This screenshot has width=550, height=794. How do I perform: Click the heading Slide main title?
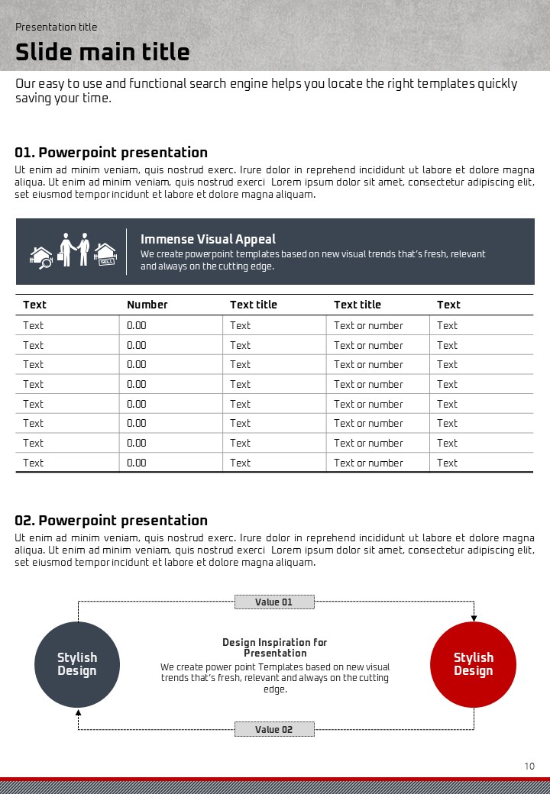pos(102,52)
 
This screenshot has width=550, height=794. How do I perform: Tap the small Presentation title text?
pos(57,27)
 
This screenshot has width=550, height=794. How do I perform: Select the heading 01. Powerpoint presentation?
pos(112,153)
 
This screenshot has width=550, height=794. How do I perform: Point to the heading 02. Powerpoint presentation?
pos(112,521)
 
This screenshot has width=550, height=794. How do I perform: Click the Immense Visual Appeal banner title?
pos(208,239)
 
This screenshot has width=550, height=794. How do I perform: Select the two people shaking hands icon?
pos(75,250)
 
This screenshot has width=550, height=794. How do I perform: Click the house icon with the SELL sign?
pos(105,254)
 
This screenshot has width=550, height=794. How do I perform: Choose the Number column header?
pos(147,305)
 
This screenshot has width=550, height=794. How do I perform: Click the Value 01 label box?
pos(274,602)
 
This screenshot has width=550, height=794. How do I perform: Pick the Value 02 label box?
pos(274,729)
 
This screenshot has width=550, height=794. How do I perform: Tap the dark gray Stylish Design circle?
pos(77,663)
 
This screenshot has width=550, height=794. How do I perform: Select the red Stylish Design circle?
pos(474,663)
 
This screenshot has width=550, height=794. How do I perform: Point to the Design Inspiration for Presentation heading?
pos(275,647)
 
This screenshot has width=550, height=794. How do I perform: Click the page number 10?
pos(529,766)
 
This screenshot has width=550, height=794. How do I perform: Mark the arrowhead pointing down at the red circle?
pos(474,617)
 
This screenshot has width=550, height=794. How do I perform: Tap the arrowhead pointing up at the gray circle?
pos(78,711)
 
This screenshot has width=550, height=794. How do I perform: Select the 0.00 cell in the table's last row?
pos(137,463)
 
